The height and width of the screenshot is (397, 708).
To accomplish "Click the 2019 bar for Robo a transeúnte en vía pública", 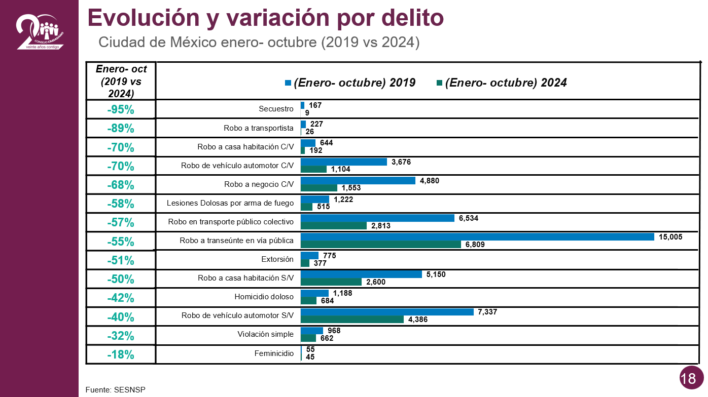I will coord(477,237).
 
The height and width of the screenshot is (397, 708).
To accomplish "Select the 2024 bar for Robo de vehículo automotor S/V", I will coord(352,320).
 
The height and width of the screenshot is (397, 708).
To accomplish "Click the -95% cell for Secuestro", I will coord(121,110).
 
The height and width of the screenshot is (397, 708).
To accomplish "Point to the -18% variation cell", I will coord(121,355).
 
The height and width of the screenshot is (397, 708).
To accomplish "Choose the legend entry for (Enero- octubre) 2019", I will coord(350,83).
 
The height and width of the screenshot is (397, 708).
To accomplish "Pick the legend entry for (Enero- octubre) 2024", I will coord(502,83).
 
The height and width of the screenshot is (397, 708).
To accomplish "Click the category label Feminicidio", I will coord(274,353).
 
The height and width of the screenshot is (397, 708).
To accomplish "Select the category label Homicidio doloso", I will coord(264,297).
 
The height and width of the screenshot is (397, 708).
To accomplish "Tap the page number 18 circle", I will coord(688,378).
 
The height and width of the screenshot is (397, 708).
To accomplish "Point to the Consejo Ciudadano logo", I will coord(40,31).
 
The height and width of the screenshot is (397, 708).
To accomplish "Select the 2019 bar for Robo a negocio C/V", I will coord(358,180).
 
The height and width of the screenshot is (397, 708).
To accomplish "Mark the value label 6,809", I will coord(475,245).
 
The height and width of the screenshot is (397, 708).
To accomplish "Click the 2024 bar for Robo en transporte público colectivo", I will coord(333,226).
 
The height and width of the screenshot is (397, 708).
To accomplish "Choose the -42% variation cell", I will coord(121,298).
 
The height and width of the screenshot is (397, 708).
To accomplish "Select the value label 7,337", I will coord(487,312).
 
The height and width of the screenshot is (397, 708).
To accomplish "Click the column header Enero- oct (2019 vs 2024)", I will coord(121,81).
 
